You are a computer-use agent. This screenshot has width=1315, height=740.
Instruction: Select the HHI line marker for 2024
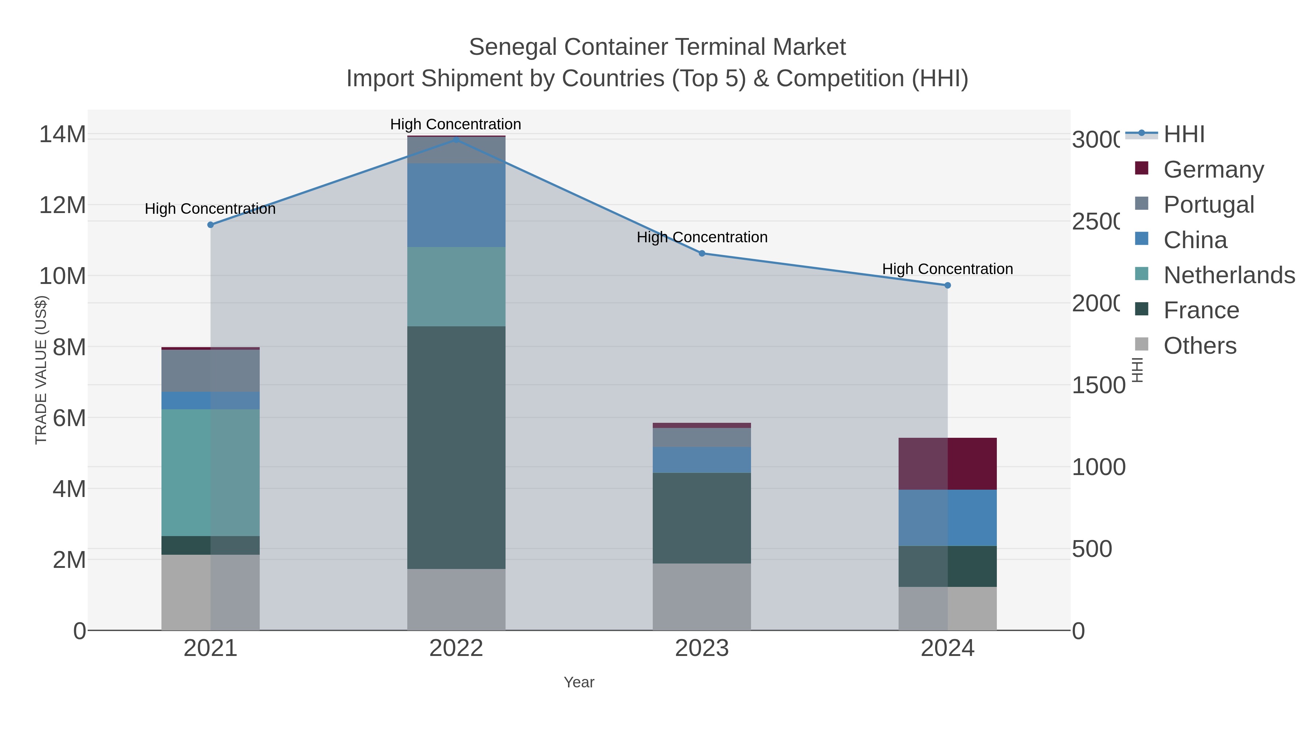click(x=948, y=285)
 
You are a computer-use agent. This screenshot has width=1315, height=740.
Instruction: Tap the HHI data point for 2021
click(x=210, y=225)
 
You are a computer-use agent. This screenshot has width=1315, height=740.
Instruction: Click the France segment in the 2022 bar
click(x=456, y=447)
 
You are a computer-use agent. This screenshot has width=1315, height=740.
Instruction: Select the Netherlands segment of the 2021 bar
click(x=210, y=473)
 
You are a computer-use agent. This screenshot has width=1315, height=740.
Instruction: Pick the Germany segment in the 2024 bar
click(x=948, y=464)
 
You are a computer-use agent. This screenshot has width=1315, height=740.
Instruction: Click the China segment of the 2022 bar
click(x=456, y=205)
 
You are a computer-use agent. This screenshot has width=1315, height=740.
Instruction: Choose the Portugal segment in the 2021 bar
click(x=210, y=371)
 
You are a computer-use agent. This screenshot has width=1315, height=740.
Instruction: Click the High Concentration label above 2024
click(x=948, y=269)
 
